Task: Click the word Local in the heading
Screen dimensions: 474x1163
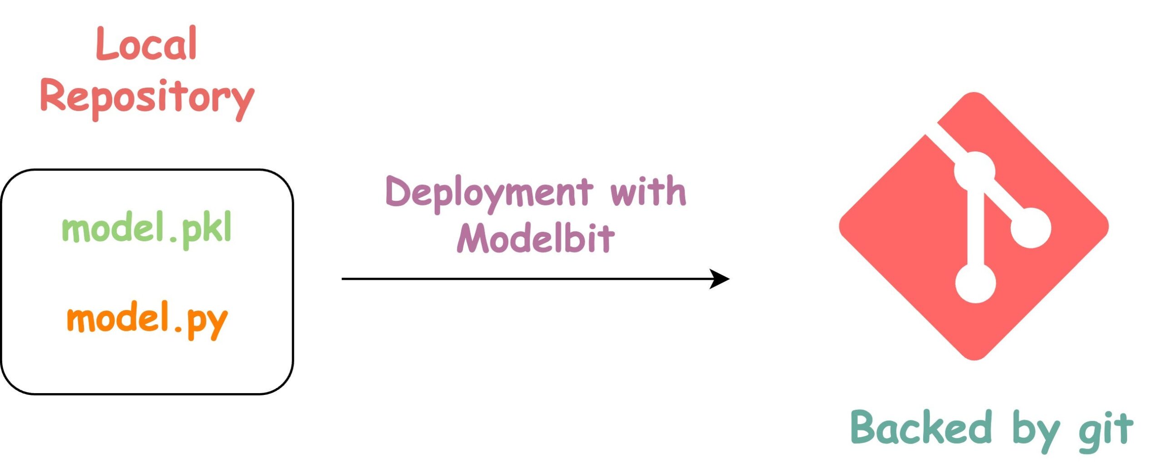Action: [x=146, y=44]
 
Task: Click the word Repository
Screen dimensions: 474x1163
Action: [x=147, y=98]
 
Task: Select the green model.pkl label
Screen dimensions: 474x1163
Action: [x=147, y=229]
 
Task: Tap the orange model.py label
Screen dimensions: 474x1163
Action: [x=147, y=319]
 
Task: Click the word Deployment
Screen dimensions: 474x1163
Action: [x=489, y=193]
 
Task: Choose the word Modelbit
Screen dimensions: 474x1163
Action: [x=536, y=238]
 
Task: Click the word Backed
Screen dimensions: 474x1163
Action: [x=920, y=427]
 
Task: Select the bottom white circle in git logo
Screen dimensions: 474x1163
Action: [x=975, y=283]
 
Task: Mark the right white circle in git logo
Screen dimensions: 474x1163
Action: [x=1031, y=228]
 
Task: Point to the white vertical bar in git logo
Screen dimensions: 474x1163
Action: [x=975, y=227]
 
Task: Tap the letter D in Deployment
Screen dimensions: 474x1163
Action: [x=398, y=192]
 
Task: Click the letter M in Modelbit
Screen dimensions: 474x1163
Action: [x=473, y=238]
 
